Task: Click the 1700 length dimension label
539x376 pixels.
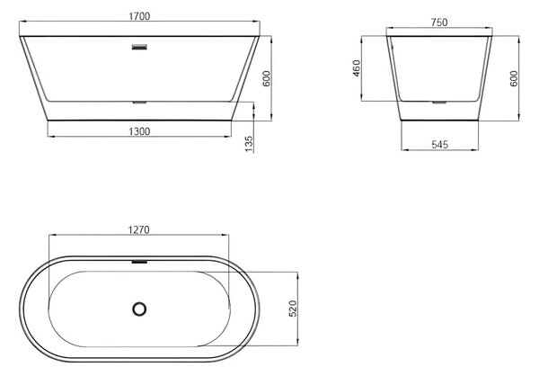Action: tap(139, 16)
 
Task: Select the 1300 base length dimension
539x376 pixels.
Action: tap(139, 131)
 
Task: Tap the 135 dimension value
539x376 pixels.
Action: tap(249, 144)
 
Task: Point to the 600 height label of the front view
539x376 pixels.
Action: tap(267, 78)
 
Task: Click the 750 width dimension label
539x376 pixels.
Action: tap(439, 22)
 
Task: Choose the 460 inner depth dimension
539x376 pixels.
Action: tap(357, 68)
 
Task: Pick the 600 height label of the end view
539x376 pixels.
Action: tap(514, 78)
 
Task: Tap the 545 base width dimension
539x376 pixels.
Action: tap(439, 144)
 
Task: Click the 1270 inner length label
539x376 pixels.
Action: tap(139, 229)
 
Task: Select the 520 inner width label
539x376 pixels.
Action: tap(293, 309)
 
